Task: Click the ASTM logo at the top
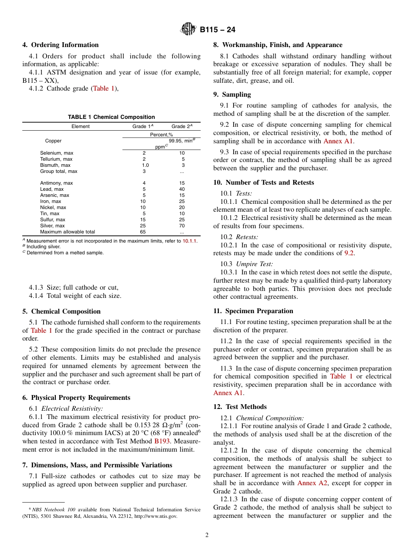(188, 30)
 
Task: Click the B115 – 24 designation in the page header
(217, 30)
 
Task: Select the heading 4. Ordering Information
(61, 45)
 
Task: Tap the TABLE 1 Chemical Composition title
(111, 117)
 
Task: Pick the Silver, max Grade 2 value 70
(182, 226)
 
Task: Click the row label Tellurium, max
(57, 159)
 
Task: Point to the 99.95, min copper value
(182, 141)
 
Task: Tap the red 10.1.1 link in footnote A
(189, 241)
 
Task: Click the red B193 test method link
(162, 441)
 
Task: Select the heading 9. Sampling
(232, 95)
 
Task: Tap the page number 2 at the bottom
(207, 535)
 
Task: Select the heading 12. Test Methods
(240, 407)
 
